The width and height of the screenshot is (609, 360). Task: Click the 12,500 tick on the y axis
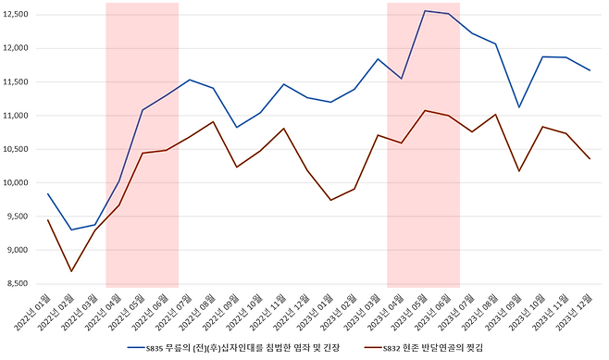(x=17, y=15)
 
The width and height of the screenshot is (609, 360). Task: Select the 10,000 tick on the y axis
(x=17, y=182)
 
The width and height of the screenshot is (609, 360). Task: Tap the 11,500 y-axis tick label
(x=17, y=82)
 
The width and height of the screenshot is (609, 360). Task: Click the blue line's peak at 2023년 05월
(x=424, y=11)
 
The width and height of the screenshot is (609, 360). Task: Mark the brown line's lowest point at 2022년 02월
(x=71, y=271)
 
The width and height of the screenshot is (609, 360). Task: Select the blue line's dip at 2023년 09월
(x=519, y=107)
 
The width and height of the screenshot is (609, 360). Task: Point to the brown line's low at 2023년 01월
(x=330, y=200)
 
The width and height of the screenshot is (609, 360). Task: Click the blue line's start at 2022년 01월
(x=47, y=193)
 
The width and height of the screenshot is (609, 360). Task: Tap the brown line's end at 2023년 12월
(x=590, y=159)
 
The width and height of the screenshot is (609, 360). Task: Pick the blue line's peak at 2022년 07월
(x=189, y=80)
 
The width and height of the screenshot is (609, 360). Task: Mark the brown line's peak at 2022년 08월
(x=213, y=121)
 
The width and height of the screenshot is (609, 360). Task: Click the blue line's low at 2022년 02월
(x=71, y=230)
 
